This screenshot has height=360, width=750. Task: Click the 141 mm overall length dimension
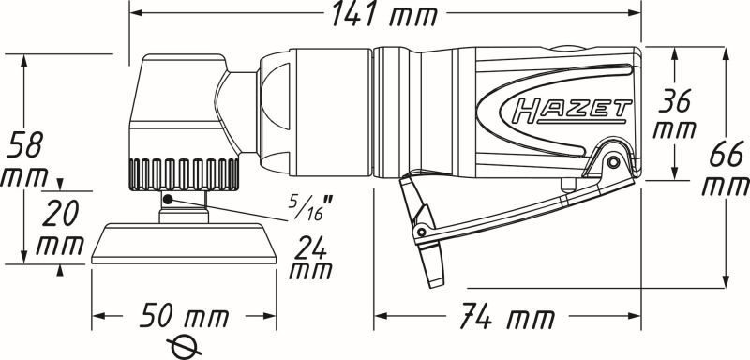pos(384,14)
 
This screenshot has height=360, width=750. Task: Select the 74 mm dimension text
pos(507,316)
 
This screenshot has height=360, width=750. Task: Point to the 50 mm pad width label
pos(184,316)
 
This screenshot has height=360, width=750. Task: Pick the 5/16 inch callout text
pos(311,207)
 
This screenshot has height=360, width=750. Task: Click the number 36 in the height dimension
pos(674,101)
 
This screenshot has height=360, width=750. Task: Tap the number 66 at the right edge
pos(726,154)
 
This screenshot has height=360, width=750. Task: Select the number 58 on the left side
pos(25,144)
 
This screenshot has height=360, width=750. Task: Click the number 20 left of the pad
pos(61,214)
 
